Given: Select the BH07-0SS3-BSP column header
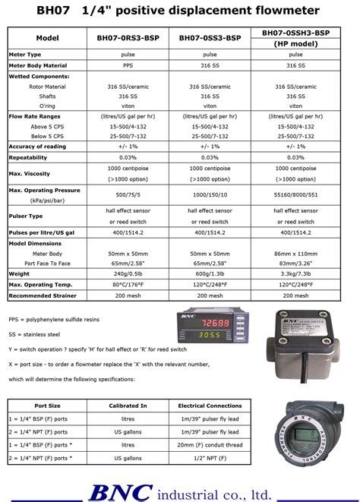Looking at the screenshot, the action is pyautogui.click(x=210, y=38).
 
